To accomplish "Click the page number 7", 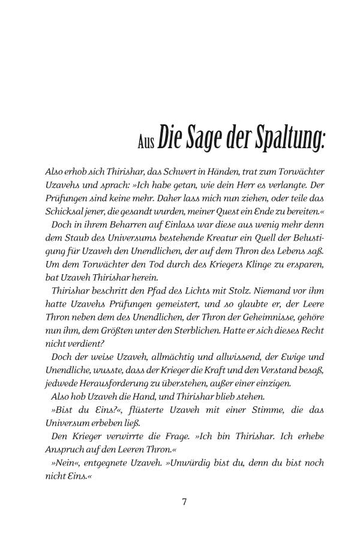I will point(185,502).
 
